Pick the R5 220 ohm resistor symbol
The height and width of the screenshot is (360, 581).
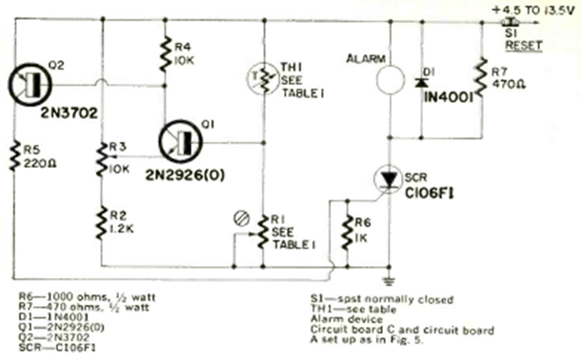click(x=13, y=158)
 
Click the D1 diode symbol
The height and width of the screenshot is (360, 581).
click(x=419, y=80)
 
